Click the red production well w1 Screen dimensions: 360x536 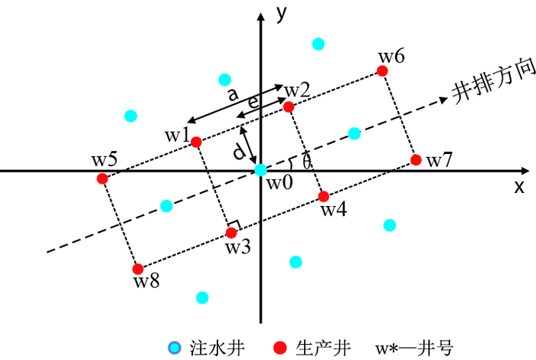196,142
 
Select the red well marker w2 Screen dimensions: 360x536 289,107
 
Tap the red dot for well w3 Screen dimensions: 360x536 231,232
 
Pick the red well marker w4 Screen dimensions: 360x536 324,196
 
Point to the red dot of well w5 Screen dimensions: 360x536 103,178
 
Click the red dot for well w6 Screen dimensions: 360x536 382,71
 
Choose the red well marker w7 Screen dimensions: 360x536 416,160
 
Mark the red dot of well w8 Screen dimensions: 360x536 138,269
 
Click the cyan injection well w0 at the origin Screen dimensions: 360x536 260,169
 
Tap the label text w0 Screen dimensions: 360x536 279,182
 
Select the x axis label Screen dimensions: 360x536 519,186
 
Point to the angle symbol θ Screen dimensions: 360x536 307,162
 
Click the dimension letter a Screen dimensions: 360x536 233,94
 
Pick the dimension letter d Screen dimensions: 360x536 240,152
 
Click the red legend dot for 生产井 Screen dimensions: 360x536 280,349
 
